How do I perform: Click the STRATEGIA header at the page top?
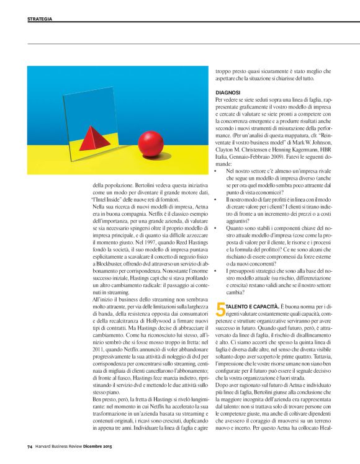[x=39, y=19]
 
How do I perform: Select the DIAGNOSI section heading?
[x=228, y=92]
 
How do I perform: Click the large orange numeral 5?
[x=220, y=306]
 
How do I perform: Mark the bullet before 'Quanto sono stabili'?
[x=216, y=228]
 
